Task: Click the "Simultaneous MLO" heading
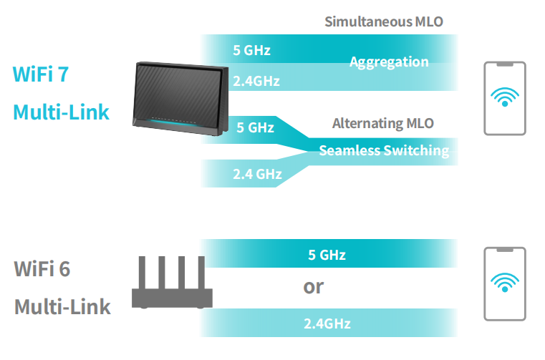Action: coord(384,21)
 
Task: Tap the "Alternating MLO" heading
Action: coord(383,124)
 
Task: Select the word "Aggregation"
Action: coord(389,62)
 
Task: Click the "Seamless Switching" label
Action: coord(384,150)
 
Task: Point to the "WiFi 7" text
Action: coord(41,74)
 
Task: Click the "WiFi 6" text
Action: coord(42,269)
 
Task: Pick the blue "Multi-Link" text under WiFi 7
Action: coord(62,112)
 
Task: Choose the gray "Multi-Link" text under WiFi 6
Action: coord(63,308)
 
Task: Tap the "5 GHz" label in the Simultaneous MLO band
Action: coord(252,50)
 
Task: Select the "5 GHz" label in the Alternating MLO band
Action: coord(255,128)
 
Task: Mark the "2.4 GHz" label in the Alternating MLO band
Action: coord(257,173)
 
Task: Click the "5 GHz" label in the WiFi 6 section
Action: coord(327,255)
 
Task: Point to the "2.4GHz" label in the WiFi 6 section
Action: coord(327,323)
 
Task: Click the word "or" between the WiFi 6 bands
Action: coord(314,287)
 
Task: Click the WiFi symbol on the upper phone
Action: coord(505,97)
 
